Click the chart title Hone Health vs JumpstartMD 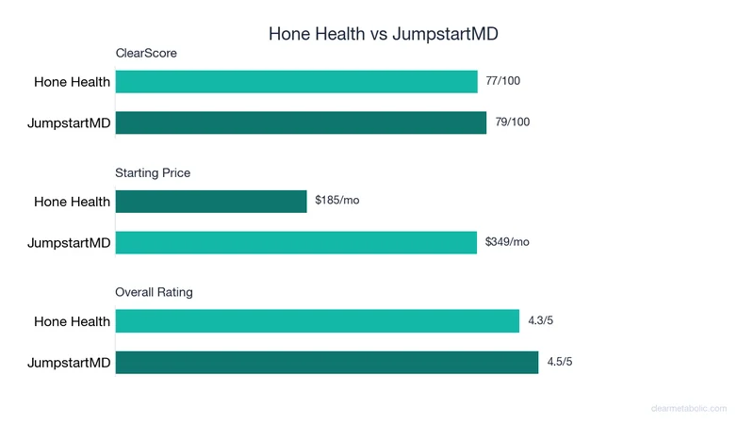[383, 34]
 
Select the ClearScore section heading [146, 54]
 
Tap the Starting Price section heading [153, 173]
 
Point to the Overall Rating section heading [154, 292]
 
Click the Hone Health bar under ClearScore [296, 82]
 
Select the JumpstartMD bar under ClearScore [301, 122]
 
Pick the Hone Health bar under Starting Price [211, 202]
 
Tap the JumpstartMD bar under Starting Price [296, 242]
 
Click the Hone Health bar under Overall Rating [317, 320]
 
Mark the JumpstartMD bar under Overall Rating [326, 362]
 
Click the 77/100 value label [502, 82]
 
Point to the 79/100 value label [512, 122]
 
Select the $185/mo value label [337, 202]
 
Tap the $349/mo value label [507, 242]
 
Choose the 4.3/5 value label [541, 320]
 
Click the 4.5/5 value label [560, 362]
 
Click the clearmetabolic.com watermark [689, 408]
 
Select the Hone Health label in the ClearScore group [72, 82]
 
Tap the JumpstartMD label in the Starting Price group [69, 243]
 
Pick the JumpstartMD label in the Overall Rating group [69, 363]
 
